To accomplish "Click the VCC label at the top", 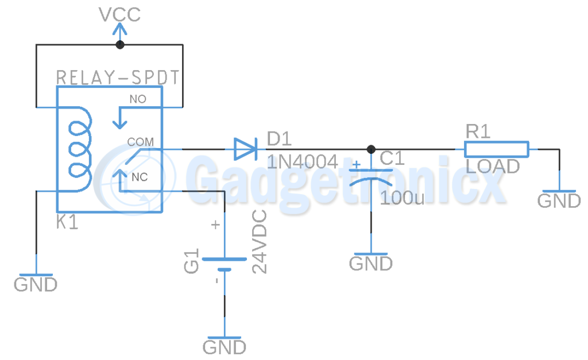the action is pyautogui.click(x=119, y=14).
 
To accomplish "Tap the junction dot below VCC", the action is pyautogui.click(x=119, y=45).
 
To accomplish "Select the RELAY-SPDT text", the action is pyautogui.click(x=118, y=78).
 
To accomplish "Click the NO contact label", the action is pyautogui.click(x=138, y=99).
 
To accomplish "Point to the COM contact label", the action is pyautogui.click(x=140, y=142).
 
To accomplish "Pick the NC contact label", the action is pyautogui.click(x=140, y=177).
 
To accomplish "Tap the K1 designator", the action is pyautogui.click(x=67, y=222).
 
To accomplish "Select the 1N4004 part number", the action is pyautogui.click(x=302, y=162).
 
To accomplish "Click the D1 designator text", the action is pyautogui.click(x=279, y=139).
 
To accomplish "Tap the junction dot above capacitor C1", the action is pyautogui.click(x=371, y=149).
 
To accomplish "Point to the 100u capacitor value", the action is pyautogui.click(x=402, y=198).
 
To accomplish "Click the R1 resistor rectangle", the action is pyautogui.click(x=497, y=149).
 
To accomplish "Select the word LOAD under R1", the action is pyautogui.click(x=492, y=166).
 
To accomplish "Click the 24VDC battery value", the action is pyautogui.click(x=259, y=242).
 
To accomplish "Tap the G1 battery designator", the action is pyautogui.click(x=191, y=261).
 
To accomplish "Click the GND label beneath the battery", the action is pyautogui.click(x=225, y=347).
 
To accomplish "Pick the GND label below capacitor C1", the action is pyautogui.click(x=371, y=264).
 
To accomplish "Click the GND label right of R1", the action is pyautogui.click(x=559, y=201).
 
